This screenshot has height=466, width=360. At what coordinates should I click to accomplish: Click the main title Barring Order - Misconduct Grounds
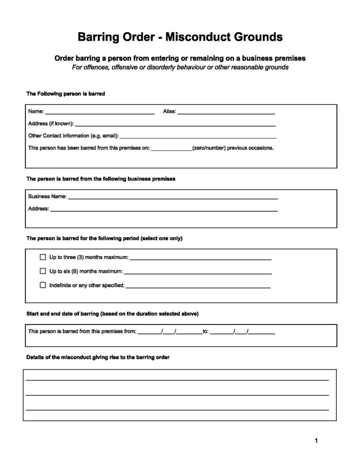180,37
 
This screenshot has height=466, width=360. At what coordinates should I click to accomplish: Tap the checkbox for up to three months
43,257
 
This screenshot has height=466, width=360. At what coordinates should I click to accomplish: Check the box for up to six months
43,271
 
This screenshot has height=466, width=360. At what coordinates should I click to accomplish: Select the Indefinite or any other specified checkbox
43,285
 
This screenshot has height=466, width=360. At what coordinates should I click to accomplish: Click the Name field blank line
100,112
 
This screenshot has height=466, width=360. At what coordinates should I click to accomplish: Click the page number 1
316,440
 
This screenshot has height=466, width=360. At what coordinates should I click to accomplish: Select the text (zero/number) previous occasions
233,148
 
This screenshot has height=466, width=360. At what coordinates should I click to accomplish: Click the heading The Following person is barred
66,94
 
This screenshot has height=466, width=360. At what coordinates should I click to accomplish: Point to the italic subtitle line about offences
180,67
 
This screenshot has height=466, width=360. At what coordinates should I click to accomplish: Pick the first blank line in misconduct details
177,379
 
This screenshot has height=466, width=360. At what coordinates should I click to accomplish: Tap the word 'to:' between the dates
206,331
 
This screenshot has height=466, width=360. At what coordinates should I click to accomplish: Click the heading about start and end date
112,314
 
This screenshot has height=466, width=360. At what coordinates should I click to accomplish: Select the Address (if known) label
51,123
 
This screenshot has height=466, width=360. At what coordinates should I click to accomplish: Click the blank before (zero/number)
171,148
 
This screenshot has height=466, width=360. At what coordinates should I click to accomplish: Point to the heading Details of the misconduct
98,357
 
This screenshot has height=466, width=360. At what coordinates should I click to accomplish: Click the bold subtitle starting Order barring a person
180,58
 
